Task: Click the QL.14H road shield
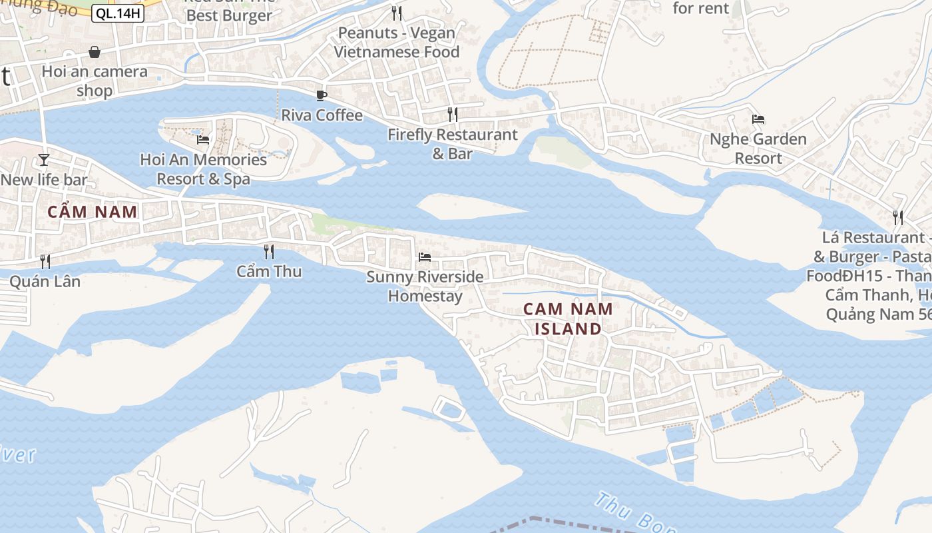pyautogui.click(x=118, y=13)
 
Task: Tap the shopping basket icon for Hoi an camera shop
pyautogui.click(x=95, y=52)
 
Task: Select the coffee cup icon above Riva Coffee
pyautogui.click(x=322, y=95)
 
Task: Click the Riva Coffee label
pyautogui.click(x=322, y=115)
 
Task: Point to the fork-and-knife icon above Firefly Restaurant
pyautogui.click(x=453, y=114)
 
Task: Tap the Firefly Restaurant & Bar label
pyautogui.click(x=453, y=144)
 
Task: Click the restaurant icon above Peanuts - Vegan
pyautogui.click(x=397, y=13)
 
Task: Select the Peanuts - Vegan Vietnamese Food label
pyautogui.click(x=397, y=42)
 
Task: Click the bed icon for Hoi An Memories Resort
pyautogui.click(x=203, y=140)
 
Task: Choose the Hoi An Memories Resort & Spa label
pyautogui.click(x=203, y=169)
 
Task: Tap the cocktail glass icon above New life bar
pyautogui.click(x=44, y=159)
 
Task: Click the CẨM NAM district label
pyautogui.click(x=93, y=213)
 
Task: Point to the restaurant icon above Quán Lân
pyautogui.click(x=45, y=261)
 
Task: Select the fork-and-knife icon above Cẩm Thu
pyautogui.click(x=269, y=251)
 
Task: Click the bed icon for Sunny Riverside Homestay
pyautogui.click(x=425, y=257)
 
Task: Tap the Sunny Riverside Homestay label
pyautogui.click(x=425, y=286)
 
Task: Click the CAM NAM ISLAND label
pyautogui.click(x=568, y=318)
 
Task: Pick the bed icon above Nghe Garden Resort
pyautogui.click(x=758, y=120)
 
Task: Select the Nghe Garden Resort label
pyautogui.click(x=758, y=149)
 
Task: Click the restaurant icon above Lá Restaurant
pyautogui.click(x=898, y=217)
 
